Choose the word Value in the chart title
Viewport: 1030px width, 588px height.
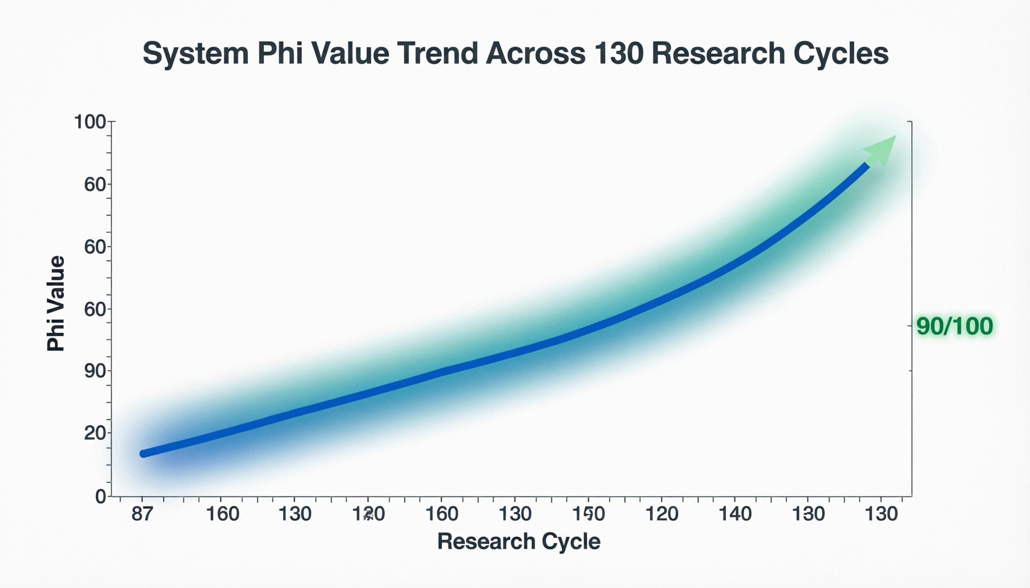click(350, 53)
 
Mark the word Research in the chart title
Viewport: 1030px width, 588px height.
click(718, 53)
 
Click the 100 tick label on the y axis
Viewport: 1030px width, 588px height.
click(90, 122)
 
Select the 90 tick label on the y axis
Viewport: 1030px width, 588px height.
click(95, 371)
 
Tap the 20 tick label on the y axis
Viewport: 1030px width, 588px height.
click(95, 433)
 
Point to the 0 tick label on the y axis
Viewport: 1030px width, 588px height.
click(100, 497)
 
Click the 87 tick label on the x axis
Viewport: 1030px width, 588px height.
click(142, 514)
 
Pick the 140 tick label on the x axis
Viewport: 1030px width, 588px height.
click(735, 514)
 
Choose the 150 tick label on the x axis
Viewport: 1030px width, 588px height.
click(588, 514)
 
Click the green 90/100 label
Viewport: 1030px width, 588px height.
click(955, 326)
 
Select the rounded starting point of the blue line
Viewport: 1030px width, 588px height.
click(143, 454)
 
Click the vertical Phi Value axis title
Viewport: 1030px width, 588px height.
click(56, 303)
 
